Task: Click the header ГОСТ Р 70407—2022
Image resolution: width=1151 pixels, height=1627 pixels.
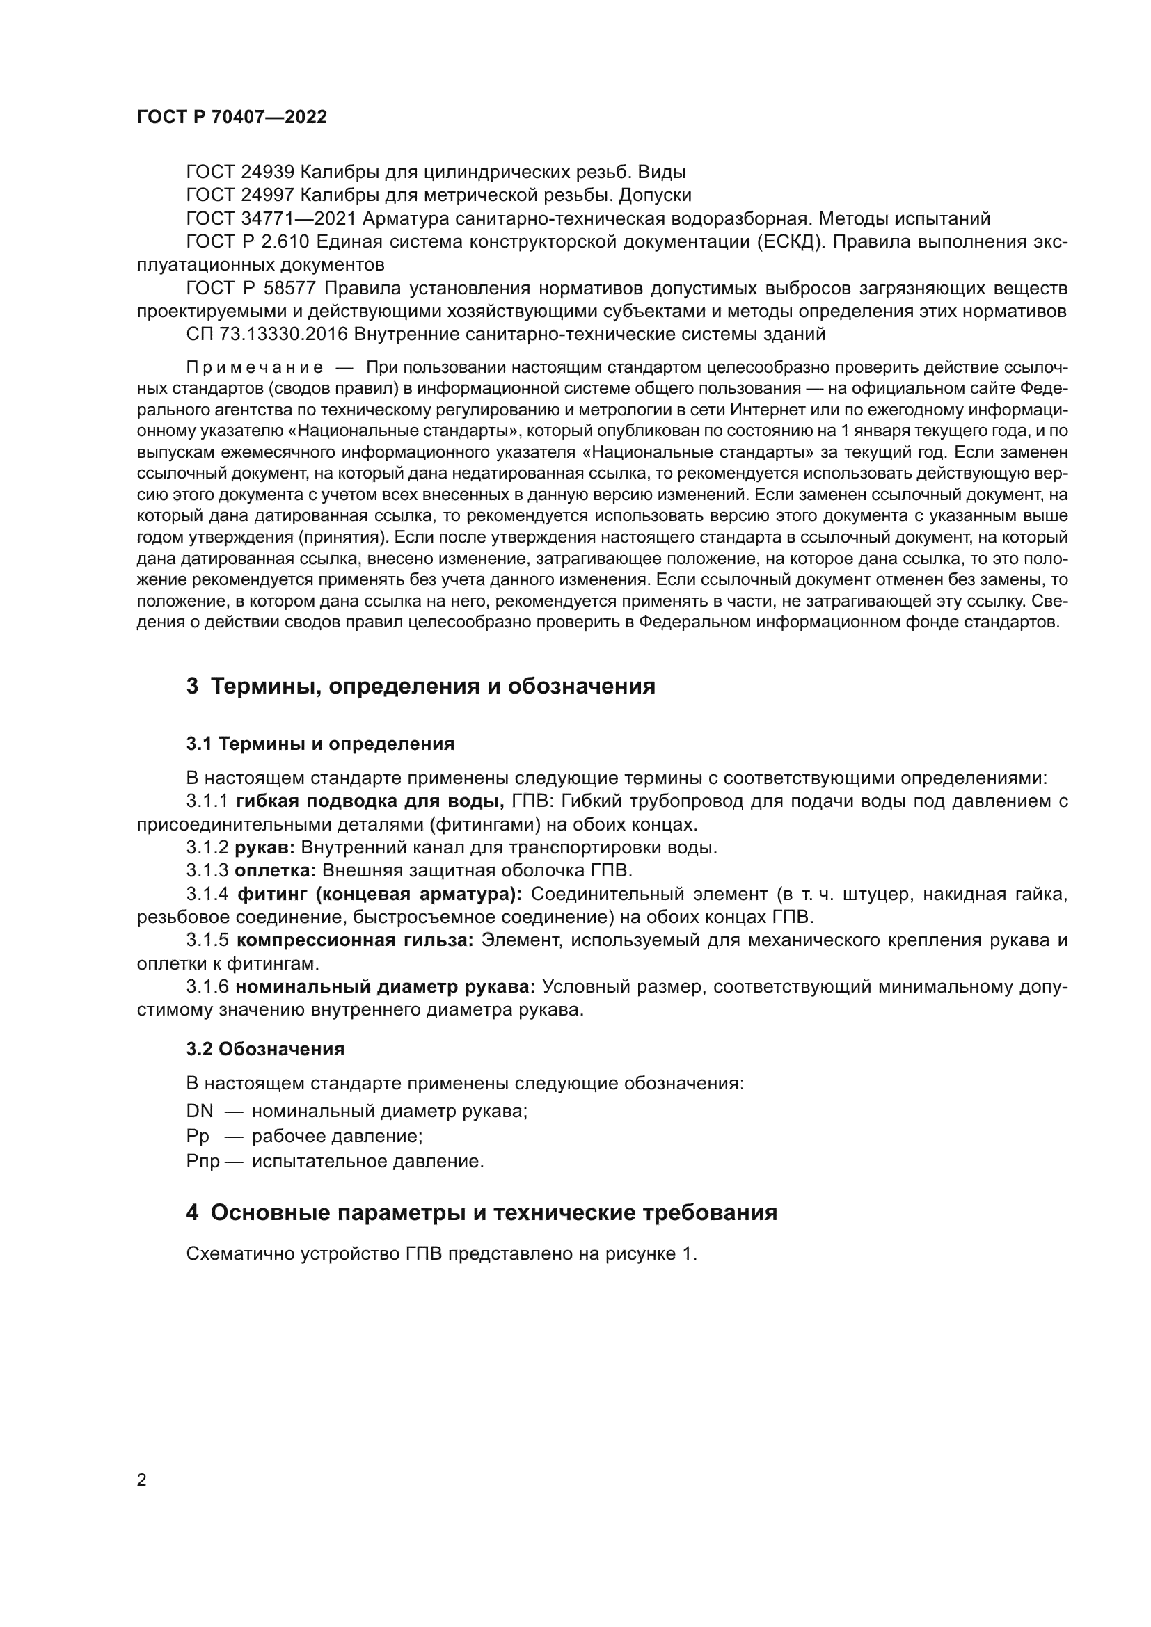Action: pyautogui.click(x=232, y=118)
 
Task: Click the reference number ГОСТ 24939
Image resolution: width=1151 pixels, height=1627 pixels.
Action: pyautogui.click(x=239, y=173)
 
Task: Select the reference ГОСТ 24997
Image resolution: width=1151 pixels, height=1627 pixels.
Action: pyautogui.click(x=239, y=195)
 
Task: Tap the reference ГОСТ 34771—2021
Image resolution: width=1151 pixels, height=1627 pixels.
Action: pyautogui.click(x=270, y=218)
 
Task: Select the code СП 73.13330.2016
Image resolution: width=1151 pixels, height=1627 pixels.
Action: pyautogui.click(x=267, y=334)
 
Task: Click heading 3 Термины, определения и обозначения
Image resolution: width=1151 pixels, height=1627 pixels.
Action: pyautogui.click(x=420, y=686)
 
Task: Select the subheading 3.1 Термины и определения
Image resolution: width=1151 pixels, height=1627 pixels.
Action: pyautogui.click(x=320, y=744)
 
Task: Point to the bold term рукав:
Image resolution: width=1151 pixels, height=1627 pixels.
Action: pyautogui.click(x=265, y=847)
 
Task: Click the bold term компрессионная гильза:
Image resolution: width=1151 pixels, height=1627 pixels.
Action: pyautogui.click(x=354, y=940)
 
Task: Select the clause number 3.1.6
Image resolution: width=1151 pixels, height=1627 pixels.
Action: pyautogui.click(x=207, y=987)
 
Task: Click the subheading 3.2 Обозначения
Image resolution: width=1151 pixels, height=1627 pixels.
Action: pyautogui.click(x=265, y=1050)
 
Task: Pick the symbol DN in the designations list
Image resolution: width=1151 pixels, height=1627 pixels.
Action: pyautogui.click(x=199, y=1111)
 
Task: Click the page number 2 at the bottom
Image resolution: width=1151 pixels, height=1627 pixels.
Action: pyautogui.click(x=142, y=1480)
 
